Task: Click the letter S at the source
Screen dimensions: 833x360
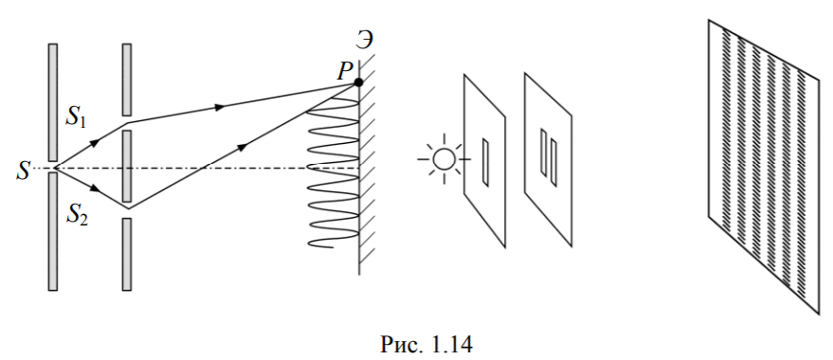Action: point(23,170)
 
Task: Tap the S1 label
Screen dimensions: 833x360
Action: point(77,117)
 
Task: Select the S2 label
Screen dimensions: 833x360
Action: point(78,216)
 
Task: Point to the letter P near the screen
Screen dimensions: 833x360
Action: point(344,71)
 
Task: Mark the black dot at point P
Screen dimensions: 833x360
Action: point(358,82)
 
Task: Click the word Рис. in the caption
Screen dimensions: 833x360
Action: point(402,345)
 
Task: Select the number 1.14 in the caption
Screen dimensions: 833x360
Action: point(450,345)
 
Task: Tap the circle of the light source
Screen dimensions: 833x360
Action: point(444,159)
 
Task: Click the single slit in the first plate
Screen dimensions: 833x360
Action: point(485,163)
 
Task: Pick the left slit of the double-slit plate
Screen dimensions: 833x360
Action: point(543,152)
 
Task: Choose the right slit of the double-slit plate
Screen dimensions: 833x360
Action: point(553,163)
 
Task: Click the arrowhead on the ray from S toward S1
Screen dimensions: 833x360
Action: point(95,142)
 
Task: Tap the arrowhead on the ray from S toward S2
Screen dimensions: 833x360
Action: point(96,189)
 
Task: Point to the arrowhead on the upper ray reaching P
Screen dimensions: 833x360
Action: point(219,107)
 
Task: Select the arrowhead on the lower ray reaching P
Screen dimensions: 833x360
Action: point(242,147)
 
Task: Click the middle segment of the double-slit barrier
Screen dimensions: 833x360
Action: point(127,166)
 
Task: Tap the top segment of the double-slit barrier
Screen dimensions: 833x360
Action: point(127,80)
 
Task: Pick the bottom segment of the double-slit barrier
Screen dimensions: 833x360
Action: point(127,254)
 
